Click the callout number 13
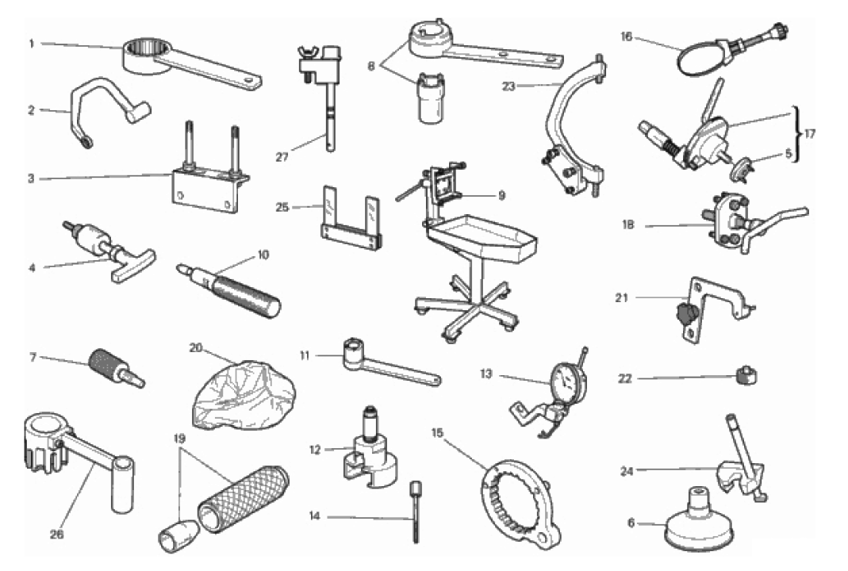pos(486,374)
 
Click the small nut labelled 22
pos(746,374)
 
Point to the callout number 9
pos(501,195)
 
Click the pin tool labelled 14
pos(416,511)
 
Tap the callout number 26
pos(56,535)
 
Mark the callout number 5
pos(789,154)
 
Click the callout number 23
pos(509,86)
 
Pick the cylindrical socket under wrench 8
pos(431,99)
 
